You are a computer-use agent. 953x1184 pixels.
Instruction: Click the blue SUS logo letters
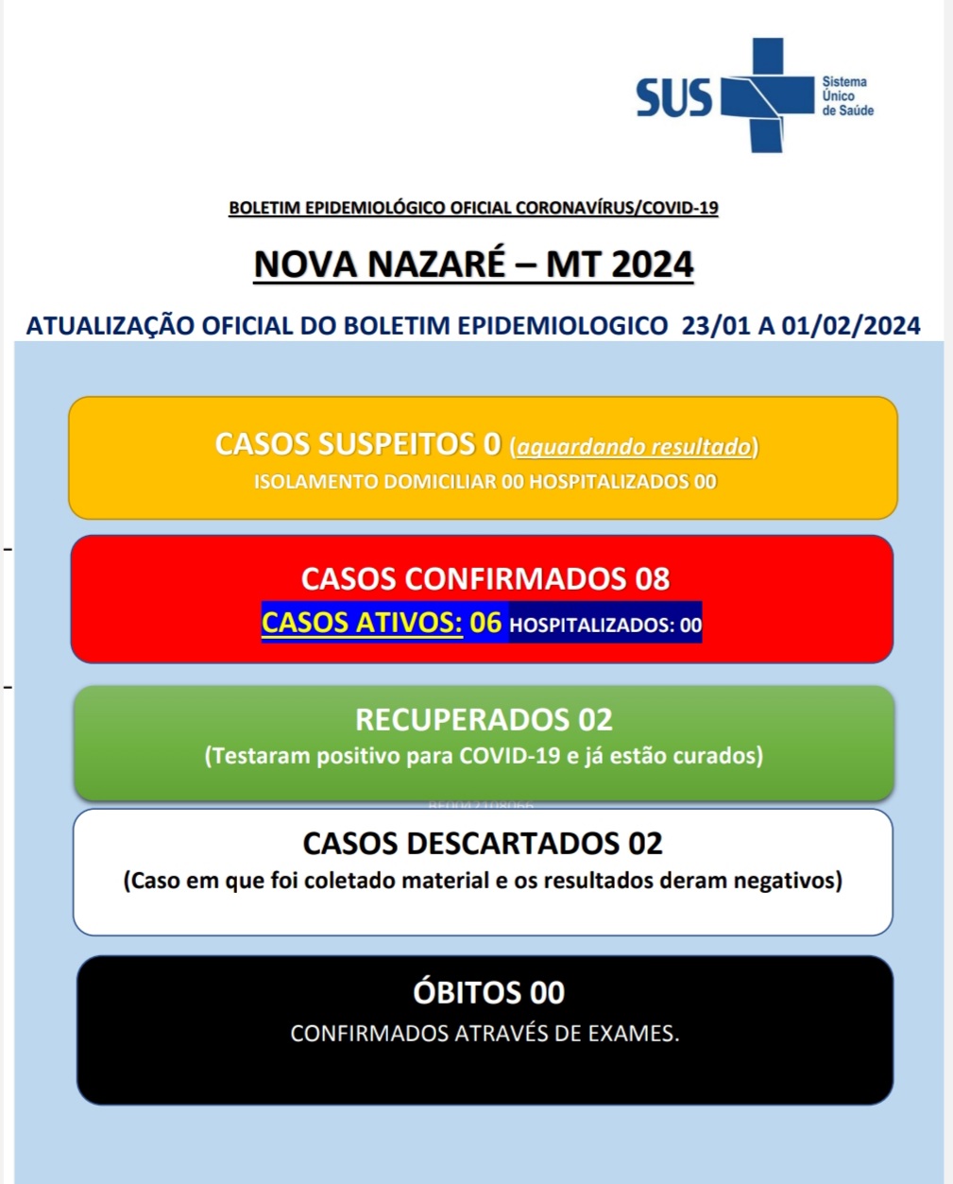coord(673,97)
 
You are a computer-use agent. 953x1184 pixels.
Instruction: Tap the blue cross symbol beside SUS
coord(766,94)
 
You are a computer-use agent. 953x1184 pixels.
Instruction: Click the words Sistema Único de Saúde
coord(847,96)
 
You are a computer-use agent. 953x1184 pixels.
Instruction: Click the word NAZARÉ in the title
coord(436,265)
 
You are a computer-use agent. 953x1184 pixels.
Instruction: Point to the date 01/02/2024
coord(851,326)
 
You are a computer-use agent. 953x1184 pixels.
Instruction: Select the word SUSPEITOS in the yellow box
coord(397,444)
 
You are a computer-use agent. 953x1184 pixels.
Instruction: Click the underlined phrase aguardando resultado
coord(634,446)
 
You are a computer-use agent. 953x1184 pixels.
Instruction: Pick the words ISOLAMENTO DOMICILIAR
coord(375,482)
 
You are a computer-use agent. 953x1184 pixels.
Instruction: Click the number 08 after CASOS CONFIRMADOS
coord(652,578)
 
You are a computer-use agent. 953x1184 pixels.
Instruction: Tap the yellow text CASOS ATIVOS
coord(362,623)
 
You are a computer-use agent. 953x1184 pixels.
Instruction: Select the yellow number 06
coord(485,623)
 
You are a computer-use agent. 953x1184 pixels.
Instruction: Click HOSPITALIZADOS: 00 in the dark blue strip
coord(604,625)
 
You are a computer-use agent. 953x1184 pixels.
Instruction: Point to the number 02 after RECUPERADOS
coord(595,720)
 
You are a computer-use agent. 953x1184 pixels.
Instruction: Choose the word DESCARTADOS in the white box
coord(503,843)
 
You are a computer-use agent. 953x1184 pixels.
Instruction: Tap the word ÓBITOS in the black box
coord(467,993)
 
